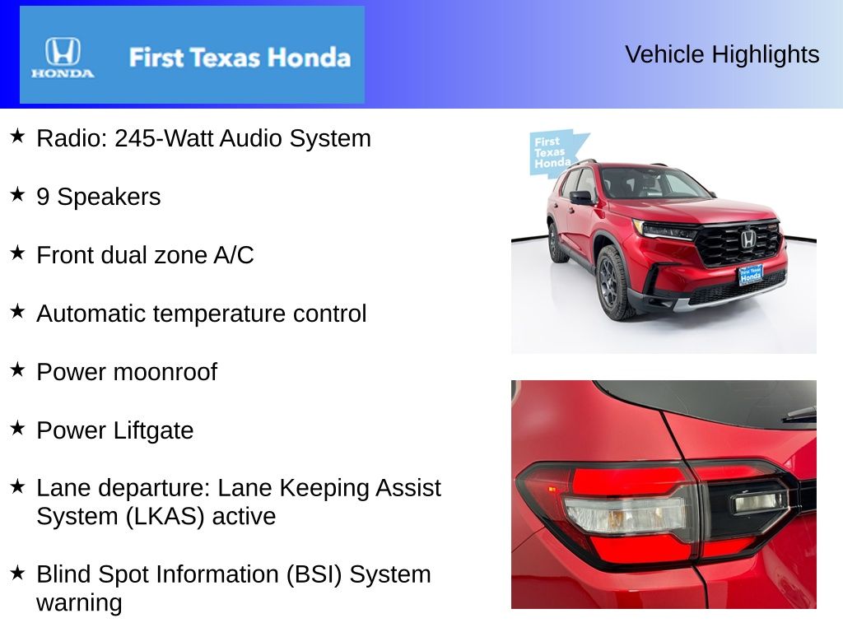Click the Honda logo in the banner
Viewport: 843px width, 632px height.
pyautogui.click(x=63, y=56)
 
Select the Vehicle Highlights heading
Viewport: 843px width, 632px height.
pyautogui.click(x=722, y=54)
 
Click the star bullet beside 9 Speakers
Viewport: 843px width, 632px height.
pyautogui.click(x=17, y=194)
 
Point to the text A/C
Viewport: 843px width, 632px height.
pyautogui.click(x=233, y=255)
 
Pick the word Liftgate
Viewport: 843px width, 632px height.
pyautogui.click(x=154, y=430)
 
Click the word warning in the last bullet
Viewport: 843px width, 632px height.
pyautogui.click(x=79, y=602)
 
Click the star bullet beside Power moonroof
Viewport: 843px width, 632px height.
pyautogui.click(x=17, y=369)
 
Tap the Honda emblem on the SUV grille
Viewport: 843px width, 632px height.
pyautogui.click(x=748, y=239)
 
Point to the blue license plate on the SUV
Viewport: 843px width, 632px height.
pyautogui.click(x=750, y=275)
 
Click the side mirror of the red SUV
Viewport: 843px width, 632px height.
pyautogui.click(x=581, y=197)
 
